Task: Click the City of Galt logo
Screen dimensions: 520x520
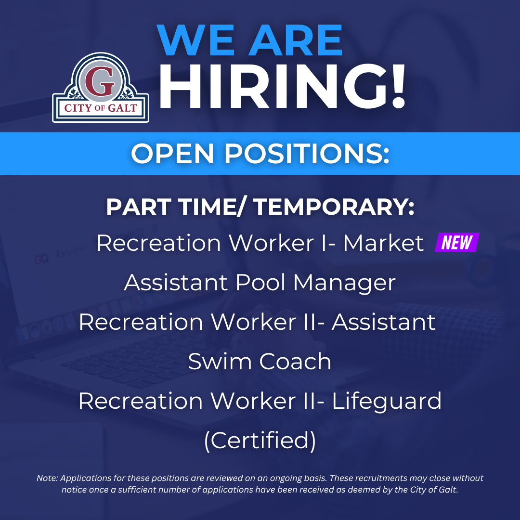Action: (x=101, y=88)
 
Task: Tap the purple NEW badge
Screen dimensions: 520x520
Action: (x=457, y=243)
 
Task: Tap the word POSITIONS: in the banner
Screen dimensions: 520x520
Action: (x=307, y=154)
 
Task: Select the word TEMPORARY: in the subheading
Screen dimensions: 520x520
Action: (x=334, y=207)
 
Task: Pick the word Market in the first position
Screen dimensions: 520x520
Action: (x=383, y=243)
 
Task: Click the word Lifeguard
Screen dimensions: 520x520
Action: (x=387, y=401)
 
